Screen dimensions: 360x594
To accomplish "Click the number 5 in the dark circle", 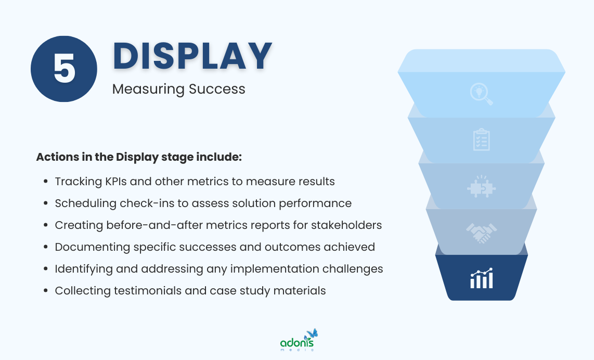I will tap(64, 69).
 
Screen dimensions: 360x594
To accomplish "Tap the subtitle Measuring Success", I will tap(178, 89).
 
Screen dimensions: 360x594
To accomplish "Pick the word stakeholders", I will tap(348, 225).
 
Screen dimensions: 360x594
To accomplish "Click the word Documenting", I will tap(89, 247).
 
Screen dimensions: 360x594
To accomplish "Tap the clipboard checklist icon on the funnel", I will tap(481, 139).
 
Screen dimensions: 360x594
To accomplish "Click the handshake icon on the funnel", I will tap(481, 233).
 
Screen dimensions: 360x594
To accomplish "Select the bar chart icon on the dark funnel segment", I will tap(481, 279).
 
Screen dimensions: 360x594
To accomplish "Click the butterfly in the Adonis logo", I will tap(312, 333).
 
